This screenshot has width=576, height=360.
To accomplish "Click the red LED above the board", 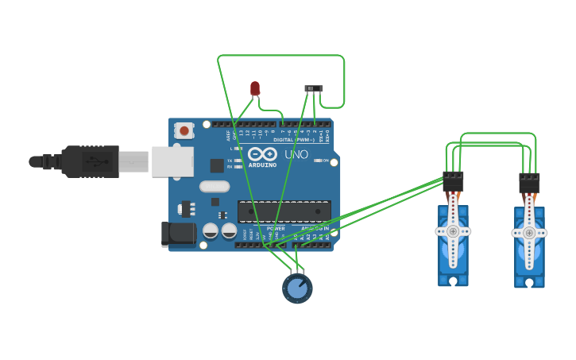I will (x=255, y=87).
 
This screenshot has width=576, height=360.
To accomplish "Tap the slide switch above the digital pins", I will (x=314, y=88).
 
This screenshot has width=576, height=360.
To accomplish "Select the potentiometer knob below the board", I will (x=297, y=288).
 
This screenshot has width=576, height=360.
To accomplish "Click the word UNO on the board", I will (x=296, y=154).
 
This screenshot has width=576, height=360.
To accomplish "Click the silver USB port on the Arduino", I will (x=172, y=161).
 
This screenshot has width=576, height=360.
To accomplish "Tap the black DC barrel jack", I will (x=177, y=234).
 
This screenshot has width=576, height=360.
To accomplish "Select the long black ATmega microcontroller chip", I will (x=284, y=211).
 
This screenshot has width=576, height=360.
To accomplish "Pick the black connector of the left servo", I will (x=453, y=181).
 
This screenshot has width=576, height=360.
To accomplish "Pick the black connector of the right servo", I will (x=529, y=183).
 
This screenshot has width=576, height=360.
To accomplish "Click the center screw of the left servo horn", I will (x=453, y=231).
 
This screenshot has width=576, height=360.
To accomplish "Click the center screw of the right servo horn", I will (x=528, y=233).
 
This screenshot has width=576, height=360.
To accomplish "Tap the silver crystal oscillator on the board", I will (x=214, y=187).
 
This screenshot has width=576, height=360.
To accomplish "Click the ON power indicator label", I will (x=325, y=161).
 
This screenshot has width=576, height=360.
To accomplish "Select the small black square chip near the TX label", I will (x=217, y=165).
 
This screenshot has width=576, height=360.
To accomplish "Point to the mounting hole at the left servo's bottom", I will (x=453, y=281).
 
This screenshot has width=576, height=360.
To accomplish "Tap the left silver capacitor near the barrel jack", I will (x=211, y=230).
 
